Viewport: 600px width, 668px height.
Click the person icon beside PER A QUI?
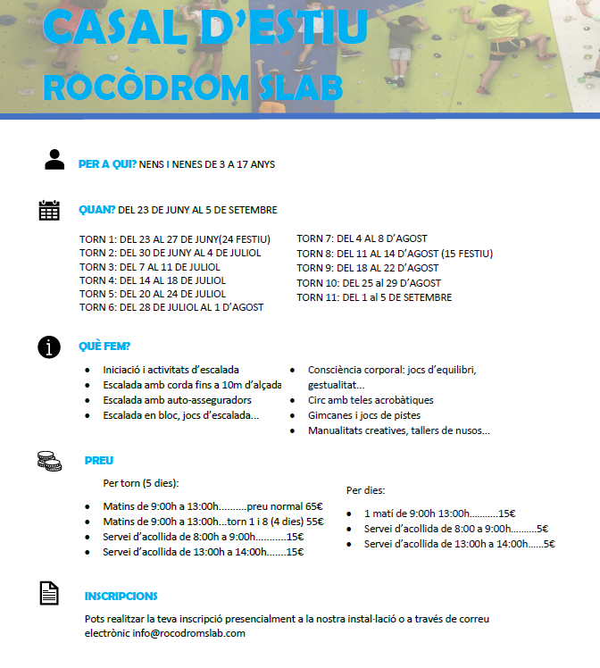(54, 160)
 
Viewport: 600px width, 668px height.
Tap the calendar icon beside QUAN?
(49, 210)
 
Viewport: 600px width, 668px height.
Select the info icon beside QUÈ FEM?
(49, 347)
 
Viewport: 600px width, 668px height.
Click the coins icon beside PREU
(49, 461)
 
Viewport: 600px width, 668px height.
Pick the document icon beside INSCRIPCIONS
(49, 593)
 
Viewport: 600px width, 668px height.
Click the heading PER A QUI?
(107, 164)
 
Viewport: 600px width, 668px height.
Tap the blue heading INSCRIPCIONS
(121, 596)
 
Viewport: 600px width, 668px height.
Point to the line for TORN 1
(175, 239)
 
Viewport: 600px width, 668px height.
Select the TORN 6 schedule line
(171, 307)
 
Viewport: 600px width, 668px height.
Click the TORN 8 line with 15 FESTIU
(395, 254)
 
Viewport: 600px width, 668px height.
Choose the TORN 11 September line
(374, 297)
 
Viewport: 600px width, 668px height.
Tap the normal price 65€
(313, 506)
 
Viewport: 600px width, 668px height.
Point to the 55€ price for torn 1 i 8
(314, 522)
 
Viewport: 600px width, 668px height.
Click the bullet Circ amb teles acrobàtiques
(371, 400)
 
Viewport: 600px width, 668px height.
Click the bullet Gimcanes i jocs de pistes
(364, 415)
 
